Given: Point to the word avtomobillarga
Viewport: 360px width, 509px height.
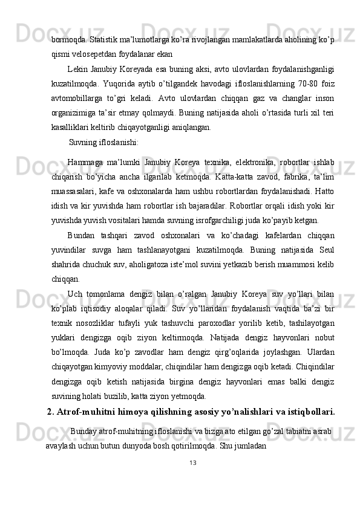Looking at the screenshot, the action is tap(75, 99).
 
